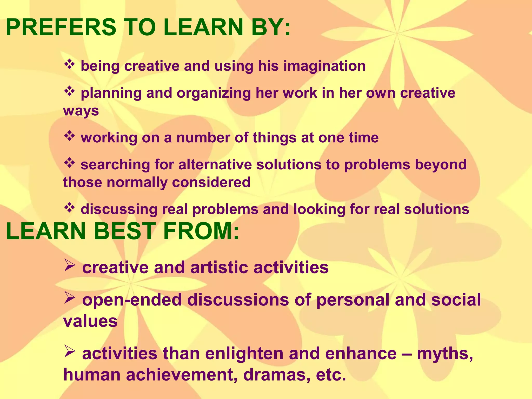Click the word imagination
click(x=324, y=66)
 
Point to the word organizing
click(x=214, y=94)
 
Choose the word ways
click(x=81, y=111)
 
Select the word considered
click(x=211, y=182)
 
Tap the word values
click(x=90, y=321)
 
